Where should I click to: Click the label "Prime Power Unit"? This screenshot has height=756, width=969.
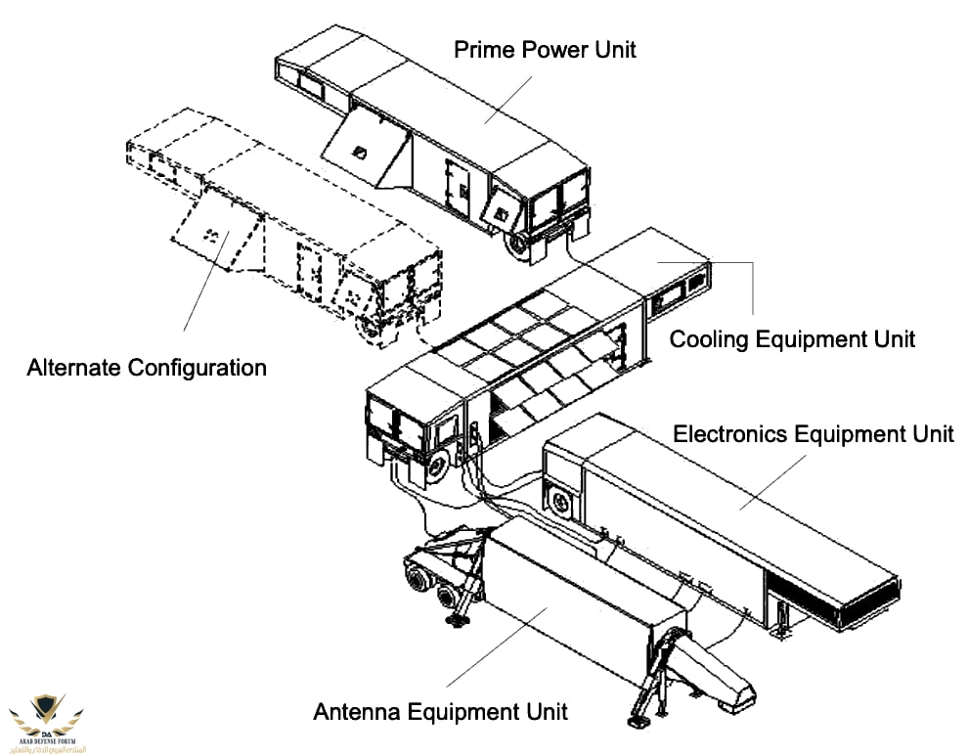(x=545, y=48)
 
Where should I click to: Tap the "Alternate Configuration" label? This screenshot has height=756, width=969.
(x=147, y=368)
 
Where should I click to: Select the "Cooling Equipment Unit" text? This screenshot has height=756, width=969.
(x=792, y=338)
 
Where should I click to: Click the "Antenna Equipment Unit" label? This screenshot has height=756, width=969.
(x=440, y=710)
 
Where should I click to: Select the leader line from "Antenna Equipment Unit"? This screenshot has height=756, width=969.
(x=499, y=645)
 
